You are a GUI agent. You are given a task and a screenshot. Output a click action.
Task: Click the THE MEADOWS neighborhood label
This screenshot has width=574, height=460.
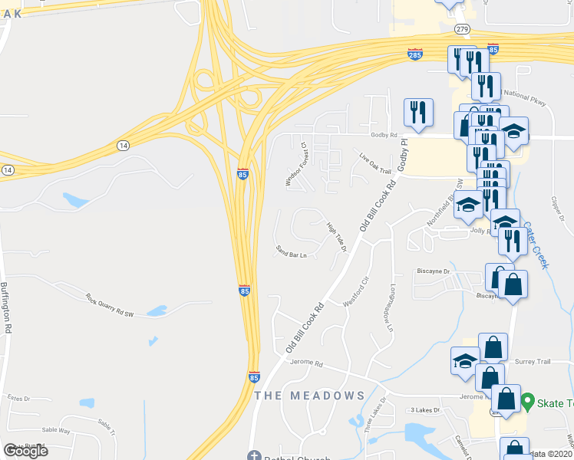[308, 396]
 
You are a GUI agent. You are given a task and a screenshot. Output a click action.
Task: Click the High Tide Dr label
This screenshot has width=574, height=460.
[337, 236]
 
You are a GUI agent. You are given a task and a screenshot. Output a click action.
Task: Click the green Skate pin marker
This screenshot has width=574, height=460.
[527, 401]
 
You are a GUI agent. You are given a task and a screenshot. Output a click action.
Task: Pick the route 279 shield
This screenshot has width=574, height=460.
[461, 29]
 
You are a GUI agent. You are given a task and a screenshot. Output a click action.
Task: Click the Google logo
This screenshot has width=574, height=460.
[26, 451]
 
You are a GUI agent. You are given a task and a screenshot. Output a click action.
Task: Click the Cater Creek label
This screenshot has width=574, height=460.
[536, 245]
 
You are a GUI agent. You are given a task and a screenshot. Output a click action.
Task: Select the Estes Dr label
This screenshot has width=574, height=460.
[18, 398]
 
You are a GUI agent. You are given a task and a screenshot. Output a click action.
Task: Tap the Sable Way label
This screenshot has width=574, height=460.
[56, 431]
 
